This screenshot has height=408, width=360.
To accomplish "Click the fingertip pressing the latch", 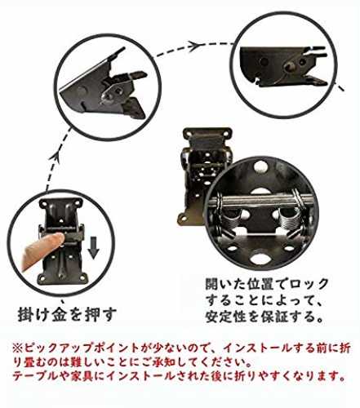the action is (58, 240).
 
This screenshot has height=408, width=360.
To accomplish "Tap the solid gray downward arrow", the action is (93, 247).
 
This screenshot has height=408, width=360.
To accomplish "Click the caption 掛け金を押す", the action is (67, 314).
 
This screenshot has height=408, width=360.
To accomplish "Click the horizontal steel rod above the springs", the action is (261, 201).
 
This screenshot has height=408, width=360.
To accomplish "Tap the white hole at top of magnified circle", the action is (260, 166).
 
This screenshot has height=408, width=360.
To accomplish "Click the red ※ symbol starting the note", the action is (18, 348).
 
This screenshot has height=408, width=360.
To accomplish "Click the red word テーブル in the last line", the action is (36, 376).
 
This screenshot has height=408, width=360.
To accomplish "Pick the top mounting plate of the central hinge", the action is (207, 134).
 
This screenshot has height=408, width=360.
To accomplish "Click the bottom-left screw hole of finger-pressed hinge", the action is (41, 279).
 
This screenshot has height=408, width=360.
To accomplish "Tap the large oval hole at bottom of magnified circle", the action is (260, 258).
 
